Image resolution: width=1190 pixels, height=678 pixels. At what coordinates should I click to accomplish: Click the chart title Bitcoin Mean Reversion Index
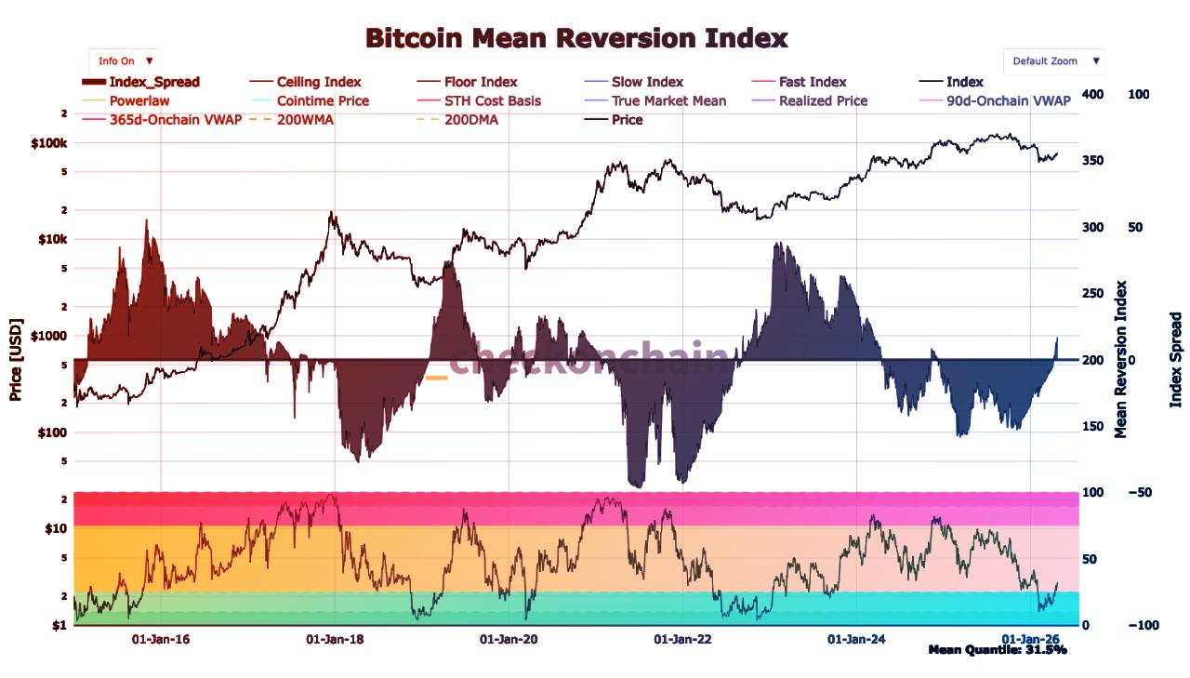[x=576, y=38]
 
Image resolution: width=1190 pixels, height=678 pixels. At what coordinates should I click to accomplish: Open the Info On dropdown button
[x=124, y=61]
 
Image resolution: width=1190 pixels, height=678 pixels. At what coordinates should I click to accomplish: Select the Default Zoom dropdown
[x=1054, y=61]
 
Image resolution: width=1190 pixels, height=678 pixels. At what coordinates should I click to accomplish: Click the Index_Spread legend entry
[x=153, y=82]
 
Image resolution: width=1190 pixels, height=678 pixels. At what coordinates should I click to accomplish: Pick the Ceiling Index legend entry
[x=318, y=82]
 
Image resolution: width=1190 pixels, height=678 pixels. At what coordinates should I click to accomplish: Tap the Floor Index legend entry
[x=480, y=82]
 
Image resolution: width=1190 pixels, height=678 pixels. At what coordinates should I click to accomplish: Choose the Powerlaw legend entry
[x=139, y=100]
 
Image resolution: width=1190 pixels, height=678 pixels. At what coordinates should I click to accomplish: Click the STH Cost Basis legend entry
[x=492, y=100]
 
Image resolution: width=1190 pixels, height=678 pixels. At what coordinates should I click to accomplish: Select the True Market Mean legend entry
[x=668, y=100]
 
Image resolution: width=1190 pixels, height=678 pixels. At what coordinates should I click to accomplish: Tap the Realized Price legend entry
[x=823, y=100]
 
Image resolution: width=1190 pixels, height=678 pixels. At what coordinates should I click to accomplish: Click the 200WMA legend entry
[x=305, y=119]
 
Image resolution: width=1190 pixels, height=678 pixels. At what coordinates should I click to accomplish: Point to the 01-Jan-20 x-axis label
[x=509, y=639]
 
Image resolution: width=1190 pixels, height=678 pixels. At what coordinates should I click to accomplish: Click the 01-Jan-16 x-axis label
[x=161, y=639]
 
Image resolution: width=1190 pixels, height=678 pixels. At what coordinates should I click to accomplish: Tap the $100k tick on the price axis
[x=49, y=143]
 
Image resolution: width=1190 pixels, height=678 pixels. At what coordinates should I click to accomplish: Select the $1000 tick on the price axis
[x=49, y=335]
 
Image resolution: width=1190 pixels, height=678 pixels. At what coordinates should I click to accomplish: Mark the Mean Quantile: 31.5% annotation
[x=997, y=650]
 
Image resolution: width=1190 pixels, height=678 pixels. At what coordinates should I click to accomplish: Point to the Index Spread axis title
[x=1175, y=359]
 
